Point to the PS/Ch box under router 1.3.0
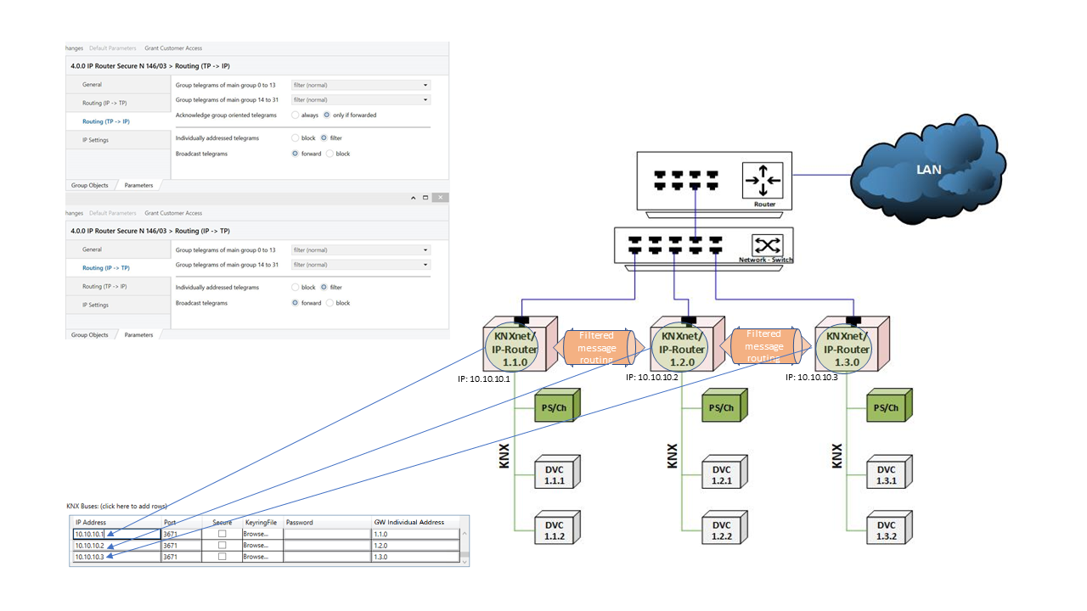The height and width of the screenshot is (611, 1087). (886, 407)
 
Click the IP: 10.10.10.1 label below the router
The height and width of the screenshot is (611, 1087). (482, 378)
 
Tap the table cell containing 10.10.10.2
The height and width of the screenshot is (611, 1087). (116, 546)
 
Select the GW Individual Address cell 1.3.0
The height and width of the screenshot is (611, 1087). (416, 557)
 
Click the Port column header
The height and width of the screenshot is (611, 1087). (170, 522)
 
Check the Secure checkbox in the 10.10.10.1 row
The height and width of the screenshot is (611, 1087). (222, 535)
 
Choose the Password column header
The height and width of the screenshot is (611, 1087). (300, 522)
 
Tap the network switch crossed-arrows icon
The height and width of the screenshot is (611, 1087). (768, 245)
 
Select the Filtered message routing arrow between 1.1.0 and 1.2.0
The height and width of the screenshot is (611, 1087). (596, 347)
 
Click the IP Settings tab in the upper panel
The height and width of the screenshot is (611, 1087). (95, 140)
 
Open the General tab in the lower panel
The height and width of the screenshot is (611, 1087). (92, 249)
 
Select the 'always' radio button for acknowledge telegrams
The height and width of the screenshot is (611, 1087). (296, 115)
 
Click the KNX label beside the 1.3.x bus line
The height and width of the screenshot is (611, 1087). (836, 456)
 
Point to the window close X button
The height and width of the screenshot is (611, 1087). (439, 197)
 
